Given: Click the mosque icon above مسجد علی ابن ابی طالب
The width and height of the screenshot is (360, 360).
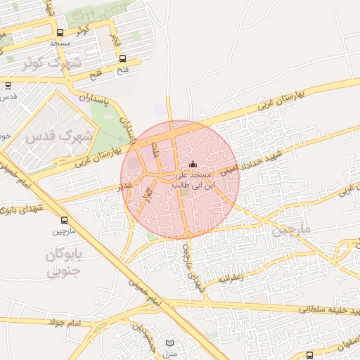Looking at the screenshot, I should tap(193, 165).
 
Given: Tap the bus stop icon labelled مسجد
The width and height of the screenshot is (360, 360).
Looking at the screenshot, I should tap(60, 33).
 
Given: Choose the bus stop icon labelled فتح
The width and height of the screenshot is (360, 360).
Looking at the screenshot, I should tap(123, 59).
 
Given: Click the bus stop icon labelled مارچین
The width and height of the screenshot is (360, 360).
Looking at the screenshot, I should tap(65, 220).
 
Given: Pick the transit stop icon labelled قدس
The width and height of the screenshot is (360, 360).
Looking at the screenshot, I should tap(8, 86).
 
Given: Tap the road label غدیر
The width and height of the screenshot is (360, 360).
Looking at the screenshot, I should tap(124, 186).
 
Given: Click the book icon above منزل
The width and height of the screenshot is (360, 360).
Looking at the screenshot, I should tap(169, 343).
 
